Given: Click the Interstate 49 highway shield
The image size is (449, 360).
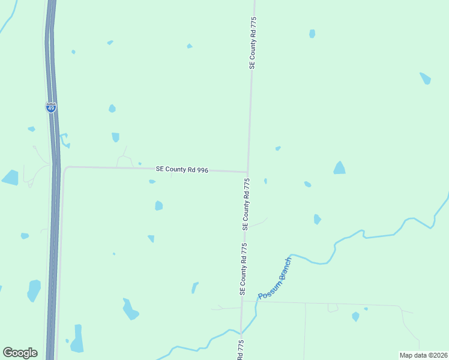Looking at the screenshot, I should point(51,108).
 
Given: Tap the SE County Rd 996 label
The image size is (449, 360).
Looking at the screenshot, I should point(182,170).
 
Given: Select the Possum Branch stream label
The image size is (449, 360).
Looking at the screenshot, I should point(274,279).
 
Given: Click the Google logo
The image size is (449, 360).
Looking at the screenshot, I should point(20,353).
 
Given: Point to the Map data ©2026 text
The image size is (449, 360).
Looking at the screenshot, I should point(423,355).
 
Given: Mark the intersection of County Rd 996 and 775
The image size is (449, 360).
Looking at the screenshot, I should point(247,172).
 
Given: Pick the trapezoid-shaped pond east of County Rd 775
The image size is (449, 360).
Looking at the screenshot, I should point(340,168).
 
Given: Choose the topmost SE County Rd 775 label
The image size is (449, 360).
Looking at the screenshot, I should point(253,43).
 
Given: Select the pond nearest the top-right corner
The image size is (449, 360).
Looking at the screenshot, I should point(425,79).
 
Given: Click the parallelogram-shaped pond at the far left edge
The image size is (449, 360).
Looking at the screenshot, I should point(10,178).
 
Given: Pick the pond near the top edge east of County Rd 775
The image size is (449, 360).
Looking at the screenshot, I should point(312,34).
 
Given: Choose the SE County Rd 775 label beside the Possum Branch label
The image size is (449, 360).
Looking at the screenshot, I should point(243,269).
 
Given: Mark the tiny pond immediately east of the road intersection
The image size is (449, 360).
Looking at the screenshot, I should point(265,181).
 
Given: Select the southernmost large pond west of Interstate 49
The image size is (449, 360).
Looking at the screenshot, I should point(34,290).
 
